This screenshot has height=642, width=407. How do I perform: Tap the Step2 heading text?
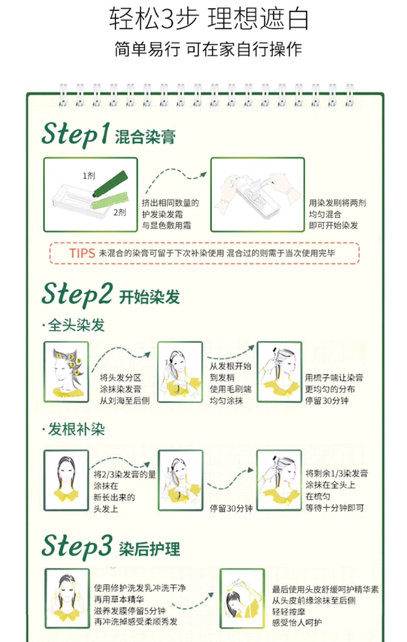click(77, 294)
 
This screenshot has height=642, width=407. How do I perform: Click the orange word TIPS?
click(82, 253)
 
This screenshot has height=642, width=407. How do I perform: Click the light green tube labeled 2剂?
click(110, 200)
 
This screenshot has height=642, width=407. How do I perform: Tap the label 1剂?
click(89, 176)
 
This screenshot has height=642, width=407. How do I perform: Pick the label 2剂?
click(120, 213)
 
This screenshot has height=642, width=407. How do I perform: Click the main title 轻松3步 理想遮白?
click(209, 19)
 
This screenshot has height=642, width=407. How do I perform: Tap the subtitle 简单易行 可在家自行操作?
click(208, 49)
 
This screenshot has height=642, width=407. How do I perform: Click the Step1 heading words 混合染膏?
click(145, 136)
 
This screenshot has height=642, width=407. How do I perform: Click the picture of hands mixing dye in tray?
click(258, 195)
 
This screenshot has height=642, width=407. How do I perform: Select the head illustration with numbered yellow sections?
click(66, 372)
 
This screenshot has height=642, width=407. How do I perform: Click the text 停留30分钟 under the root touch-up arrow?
click(231, 509)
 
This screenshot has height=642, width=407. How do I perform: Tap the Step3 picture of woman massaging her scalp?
click(242, 599)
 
